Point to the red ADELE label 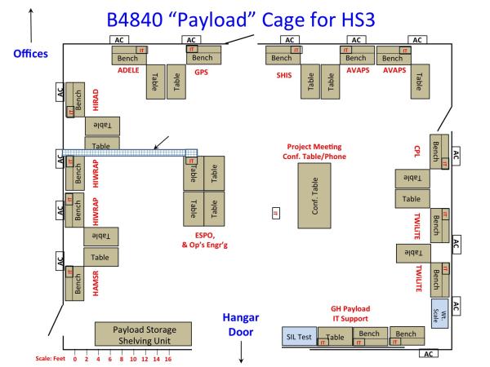tap(131, 72)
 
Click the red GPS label tap(202, 72)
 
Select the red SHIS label tap(284, 72)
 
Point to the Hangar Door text tap(244, 324)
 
